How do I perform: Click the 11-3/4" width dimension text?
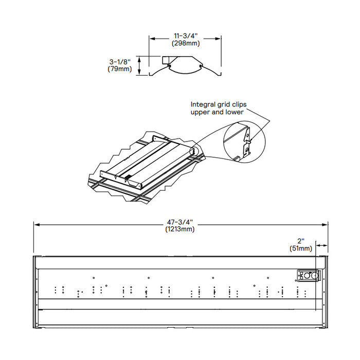(186, 35)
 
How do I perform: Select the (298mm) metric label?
(186, 43)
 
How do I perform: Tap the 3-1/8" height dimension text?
(119, 62)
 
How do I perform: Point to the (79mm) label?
(119, 69)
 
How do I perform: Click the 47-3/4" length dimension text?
(180, 222)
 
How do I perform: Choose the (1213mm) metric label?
(180, 229)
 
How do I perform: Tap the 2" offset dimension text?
(301, 241)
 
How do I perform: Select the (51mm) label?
(301, 248)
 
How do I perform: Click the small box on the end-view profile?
(165, 61)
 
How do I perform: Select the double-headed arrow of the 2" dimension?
(322, 245)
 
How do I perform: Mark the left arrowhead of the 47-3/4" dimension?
(35, 224)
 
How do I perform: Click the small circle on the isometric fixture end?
(193, 151)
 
